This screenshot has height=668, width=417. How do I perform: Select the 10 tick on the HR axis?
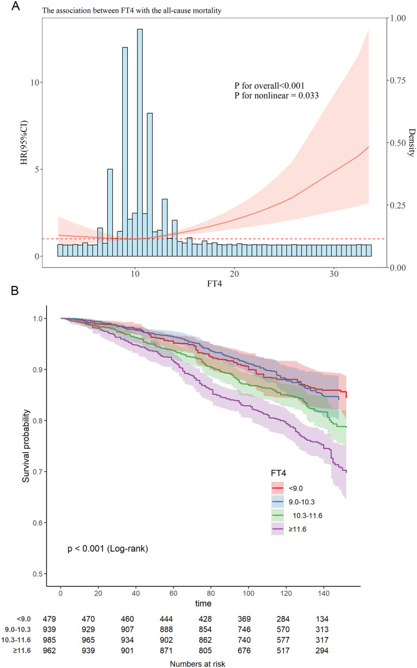point(36,82)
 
